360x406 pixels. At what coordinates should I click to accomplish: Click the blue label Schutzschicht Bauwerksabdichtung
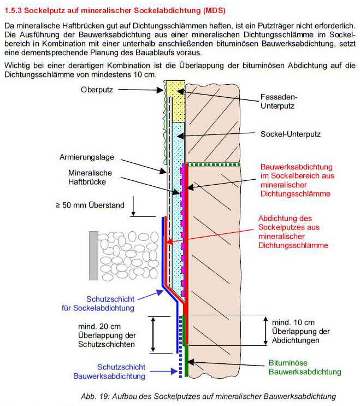109,372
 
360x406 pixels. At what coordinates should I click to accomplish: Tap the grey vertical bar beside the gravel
93,255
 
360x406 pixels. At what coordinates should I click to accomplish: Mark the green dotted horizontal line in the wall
214,163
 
